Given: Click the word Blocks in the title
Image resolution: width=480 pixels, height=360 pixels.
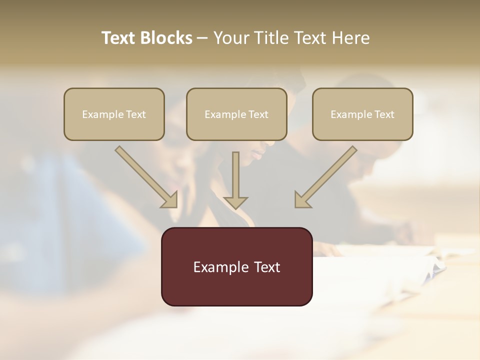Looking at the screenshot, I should (166, 38).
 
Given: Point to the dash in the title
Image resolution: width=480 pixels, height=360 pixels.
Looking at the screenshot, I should (202, 38).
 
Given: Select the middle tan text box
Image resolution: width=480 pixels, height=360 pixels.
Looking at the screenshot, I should (236, 127).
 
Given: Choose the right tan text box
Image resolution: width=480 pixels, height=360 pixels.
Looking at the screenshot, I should (362, 127).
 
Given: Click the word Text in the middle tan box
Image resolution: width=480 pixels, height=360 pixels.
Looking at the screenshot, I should (258, 114).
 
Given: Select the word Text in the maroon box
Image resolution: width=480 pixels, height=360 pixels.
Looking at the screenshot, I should (267, 267).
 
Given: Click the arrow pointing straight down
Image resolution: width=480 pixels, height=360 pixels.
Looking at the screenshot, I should (235, 180).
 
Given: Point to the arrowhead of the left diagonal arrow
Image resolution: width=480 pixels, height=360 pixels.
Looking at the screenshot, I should (170, 200).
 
